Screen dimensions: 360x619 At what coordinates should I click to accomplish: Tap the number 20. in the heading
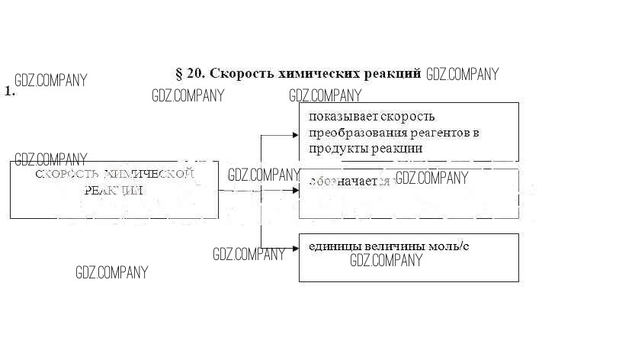(x=196, y=74)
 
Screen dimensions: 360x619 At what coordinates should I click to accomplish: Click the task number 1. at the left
(x=10, y=91)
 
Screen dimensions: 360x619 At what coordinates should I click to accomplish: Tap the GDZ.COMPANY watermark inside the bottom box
(x=386, y=261)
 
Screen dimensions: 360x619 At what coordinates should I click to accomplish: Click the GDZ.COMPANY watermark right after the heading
(x=462, y=74)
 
